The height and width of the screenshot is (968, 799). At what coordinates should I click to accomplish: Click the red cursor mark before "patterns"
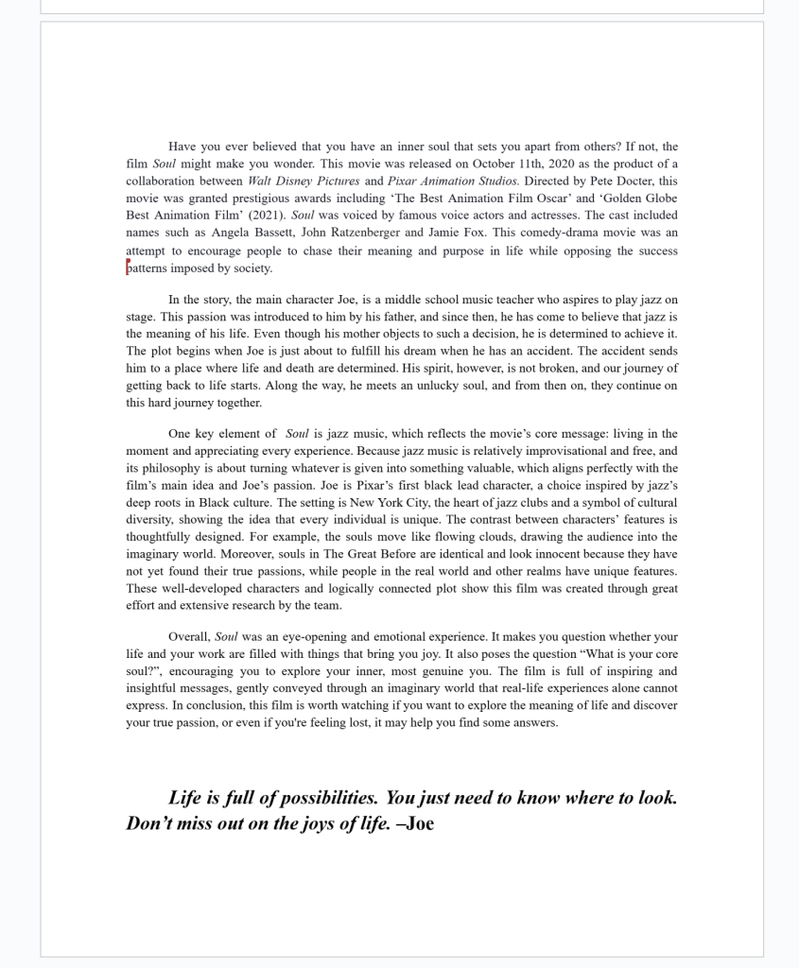[x=128, y=267]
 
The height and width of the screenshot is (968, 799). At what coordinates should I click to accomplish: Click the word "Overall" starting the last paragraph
[x=188, y=637]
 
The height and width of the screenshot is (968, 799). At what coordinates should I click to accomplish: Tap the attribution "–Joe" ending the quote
[x=415, y=823]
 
